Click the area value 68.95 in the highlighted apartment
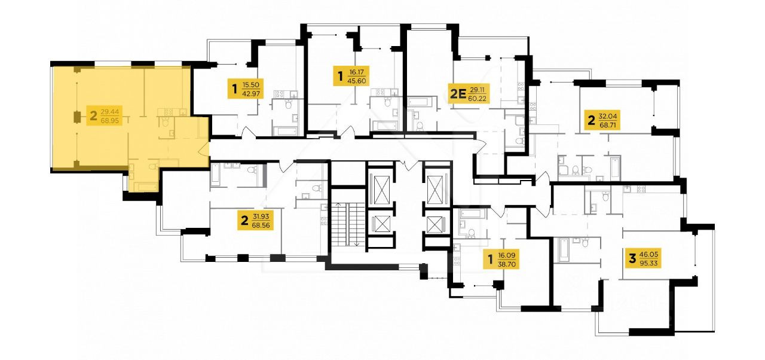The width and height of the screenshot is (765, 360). tap(109, 120)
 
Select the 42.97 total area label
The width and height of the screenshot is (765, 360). tap(251, 94)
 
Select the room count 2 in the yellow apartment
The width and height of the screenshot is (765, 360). tap(93, 116)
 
